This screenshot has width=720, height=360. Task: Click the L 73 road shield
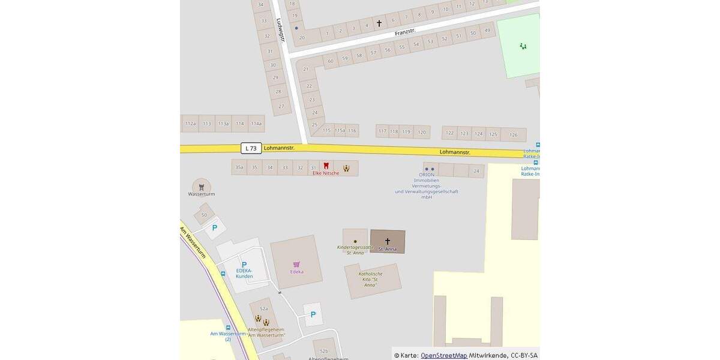251,148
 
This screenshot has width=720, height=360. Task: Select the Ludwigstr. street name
281,29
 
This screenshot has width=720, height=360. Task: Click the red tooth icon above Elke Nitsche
326,166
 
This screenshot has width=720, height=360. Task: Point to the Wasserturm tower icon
201,186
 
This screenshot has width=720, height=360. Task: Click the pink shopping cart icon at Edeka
296,264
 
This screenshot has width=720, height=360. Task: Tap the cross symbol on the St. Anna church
388,241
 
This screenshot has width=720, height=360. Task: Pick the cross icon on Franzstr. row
379,24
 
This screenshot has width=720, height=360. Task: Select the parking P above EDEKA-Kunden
244,265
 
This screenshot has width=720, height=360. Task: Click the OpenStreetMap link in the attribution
444,355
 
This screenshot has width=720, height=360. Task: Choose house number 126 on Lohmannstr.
513,134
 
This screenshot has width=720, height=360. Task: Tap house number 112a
190,124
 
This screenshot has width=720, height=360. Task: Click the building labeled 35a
239,167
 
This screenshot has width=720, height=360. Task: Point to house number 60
330,61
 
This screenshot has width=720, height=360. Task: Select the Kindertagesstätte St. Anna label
355,250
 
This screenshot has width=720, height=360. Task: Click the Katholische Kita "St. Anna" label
371,279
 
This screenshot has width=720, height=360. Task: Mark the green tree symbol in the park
523,46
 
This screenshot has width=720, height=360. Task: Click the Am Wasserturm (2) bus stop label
228,336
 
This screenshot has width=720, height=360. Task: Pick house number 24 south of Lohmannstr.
476,172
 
